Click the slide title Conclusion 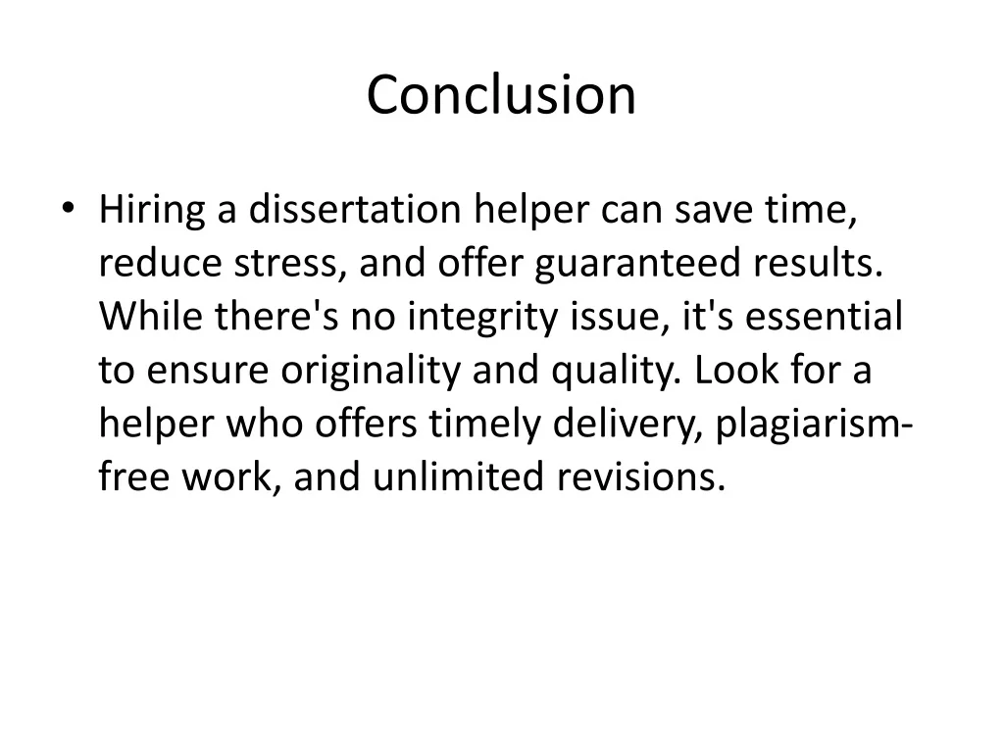click(501, 95)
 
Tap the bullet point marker click(68, 208)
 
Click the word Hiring click(152, 210)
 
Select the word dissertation click(355, 209)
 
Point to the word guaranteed click(637, 264)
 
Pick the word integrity click(482, 318)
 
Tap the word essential click(824, 316)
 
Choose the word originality click(371, 371)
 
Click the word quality click(616, 371)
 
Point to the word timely click(484, 425)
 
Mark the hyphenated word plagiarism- click(813, 425)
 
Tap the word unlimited click(458, 477)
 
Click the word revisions click(641, 477)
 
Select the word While click(150, 316)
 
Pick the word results click(818, 263)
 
